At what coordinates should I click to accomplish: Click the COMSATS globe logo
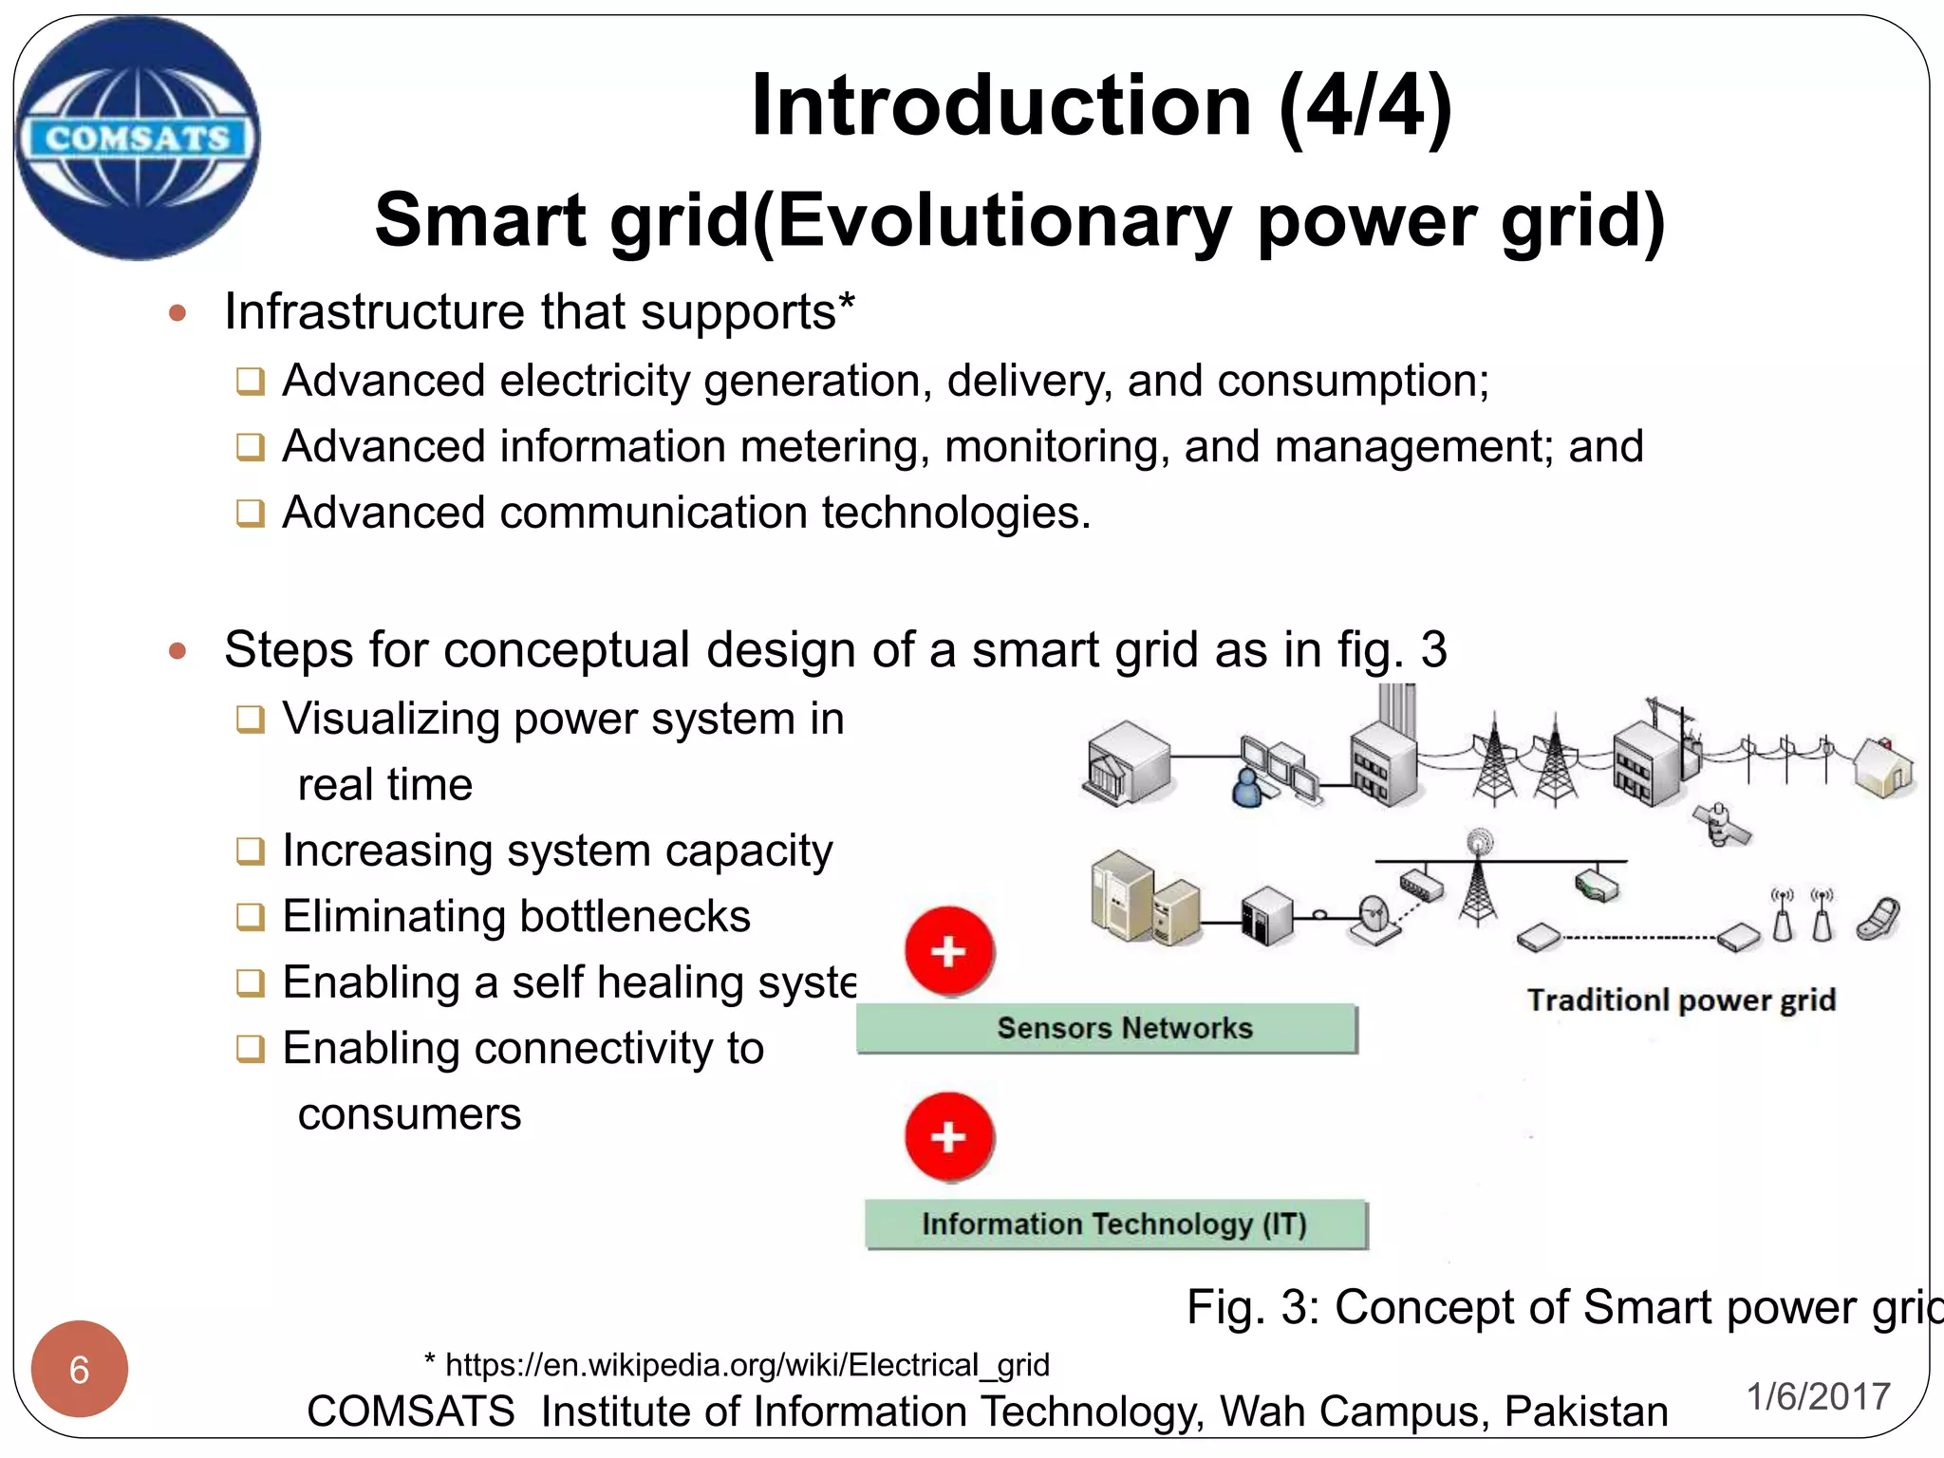click(x=138, y=139)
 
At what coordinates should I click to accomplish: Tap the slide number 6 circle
click(x=80, y=1369)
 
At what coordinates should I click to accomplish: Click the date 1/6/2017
click(x=1818, y=1396)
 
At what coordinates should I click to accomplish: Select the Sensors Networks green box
click(x=1107, y=1028)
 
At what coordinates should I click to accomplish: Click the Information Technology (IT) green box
click(x=1115, y=1224)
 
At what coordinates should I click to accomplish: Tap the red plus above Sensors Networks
click(x=949, y=951)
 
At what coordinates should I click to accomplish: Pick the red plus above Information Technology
click(x=949, y=1136)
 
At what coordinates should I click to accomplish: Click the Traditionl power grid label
click(x=1681, y=1000)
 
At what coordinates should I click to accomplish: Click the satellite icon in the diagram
click(x=1720, y=823)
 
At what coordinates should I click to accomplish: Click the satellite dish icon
click(x=1374, y=918)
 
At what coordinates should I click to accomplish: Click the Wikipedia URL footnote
click(x=738, y=1365)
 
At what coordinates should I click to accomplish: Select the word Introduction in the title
click(x=1000, y=105)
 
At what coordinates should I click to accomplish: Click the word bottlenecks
click(x=634, y=916)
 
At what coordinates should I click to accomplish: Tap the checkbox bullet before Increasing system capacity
click(x=250, y=850)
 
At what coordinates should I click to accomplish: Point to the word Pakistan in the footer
click(x=1586, y=1411)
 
